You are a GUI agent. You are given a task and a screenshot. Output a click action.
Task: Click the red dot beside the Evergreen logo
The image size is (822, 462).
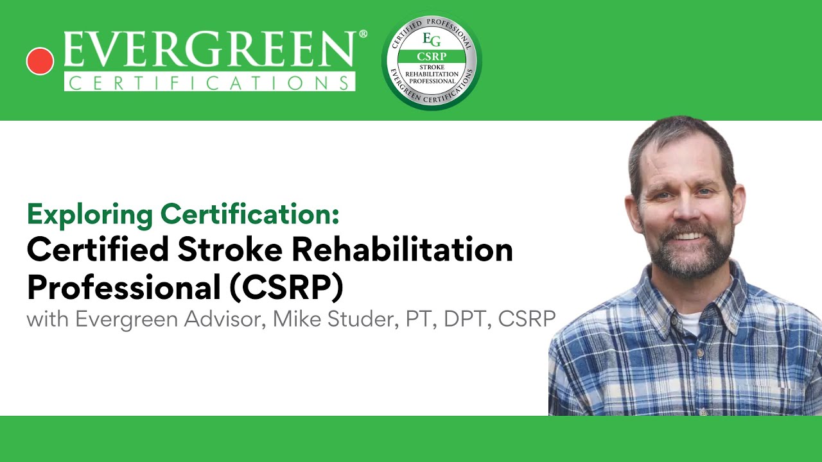coord(40,62)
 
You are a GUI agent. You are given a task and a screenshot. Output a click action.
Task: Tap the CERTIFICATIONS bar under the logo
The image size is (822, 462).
coord(209,83)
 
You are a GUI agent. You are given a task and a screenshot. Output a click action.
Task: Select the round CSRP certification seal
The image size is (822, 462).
coord(432,62)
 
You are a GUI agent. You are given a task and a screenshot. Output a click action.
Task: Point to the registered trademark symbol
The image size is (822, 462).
coord(363,34)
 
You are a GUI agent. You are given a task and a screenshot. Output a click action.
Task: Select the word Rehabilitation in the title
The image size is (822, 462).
coord(402,250)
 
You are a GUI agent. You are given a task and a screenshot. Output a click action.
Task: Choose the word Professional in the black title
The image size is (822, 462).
coord(121,287)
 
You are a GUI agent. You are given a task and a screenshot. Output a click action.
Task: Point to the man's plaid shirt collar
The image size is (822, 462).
coord(726,302)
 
